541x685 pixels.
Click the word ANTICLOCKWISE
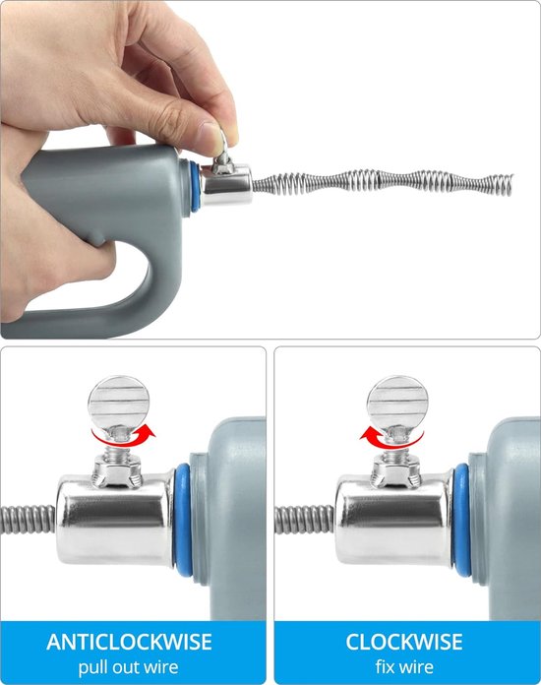click(129, 642)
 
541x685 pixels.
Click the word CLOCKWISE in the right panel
click(403, 642)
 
